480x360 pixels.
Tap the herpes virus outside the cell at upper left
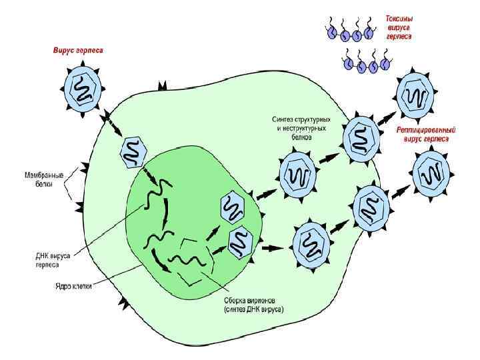[83, 89]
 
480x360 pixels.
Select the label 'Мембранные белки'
[40, 180]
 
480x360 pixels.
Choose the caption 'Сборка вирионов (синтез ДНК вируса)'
[253, 305]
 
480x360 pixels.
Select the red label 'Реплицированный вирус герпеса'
[426, 134]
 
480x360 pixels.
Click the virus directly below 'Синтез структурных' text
[294, 175]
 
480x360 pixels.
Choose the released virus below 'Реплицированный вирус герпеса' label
[433, 172]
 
